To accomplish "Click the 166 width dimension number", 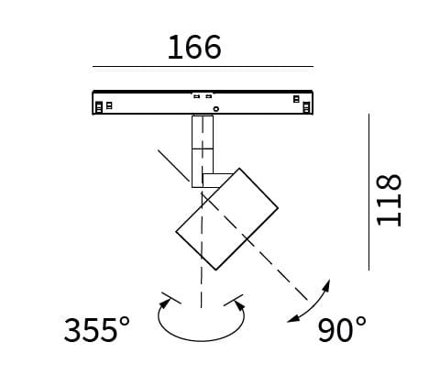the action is [x=194, y=47].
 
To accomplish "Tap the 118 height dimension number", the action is [x=389, y=200].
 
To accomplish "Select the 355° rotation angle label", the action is [x=97, y=330].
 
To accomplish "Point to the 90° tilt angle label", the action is [x=342, y=330].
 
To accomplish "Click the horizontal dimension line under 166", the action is [x=203, y=66].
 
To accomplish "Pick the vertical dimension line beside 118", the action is [x=368, y=192].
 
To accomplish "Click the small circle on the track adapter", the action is [x=216, y=108].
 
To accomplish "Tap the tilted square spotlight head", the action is [x=226, y=219].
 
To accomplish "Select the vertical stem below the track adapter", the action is [x=203, y=151].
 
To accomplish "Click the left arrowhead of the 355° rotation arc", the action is [x=164, y=303].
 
